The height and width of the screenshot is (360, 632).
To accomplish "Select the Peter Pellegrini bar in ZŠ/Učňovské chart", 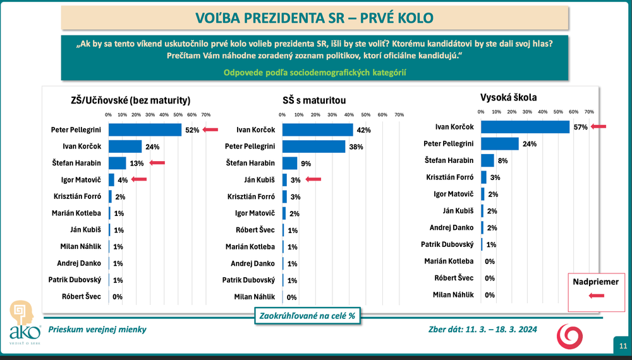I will [x=145, y=130].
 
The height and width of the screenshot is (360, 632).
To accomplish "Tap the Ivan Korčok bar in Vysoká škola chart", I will [x=525, y=127].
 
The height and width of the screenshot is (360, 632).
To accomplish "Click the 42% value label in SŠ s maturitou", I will [x=363, y=130].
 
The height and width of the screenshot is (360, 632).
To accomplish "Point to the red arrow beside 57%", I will [x=598, y=127].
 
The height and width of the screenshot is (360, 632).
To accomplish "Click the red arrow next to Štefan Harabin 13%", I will [x=157, y=163].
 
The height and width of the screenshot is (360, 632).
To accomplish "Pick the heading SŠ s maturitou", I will [x=313, y=100].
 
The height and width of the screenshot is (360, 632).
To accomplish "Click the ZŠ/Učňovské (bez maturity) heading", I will [x=131, y=100].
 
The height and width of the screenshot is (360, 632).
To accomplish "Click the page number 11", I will [x=623, y=345].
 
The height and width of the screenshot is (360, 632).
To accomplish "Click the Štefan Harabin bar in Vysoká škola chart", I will [x=487, y=160].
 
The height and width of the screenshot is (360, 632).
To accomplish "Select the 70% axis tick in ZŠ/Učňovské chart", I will [x=205, y=115].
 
